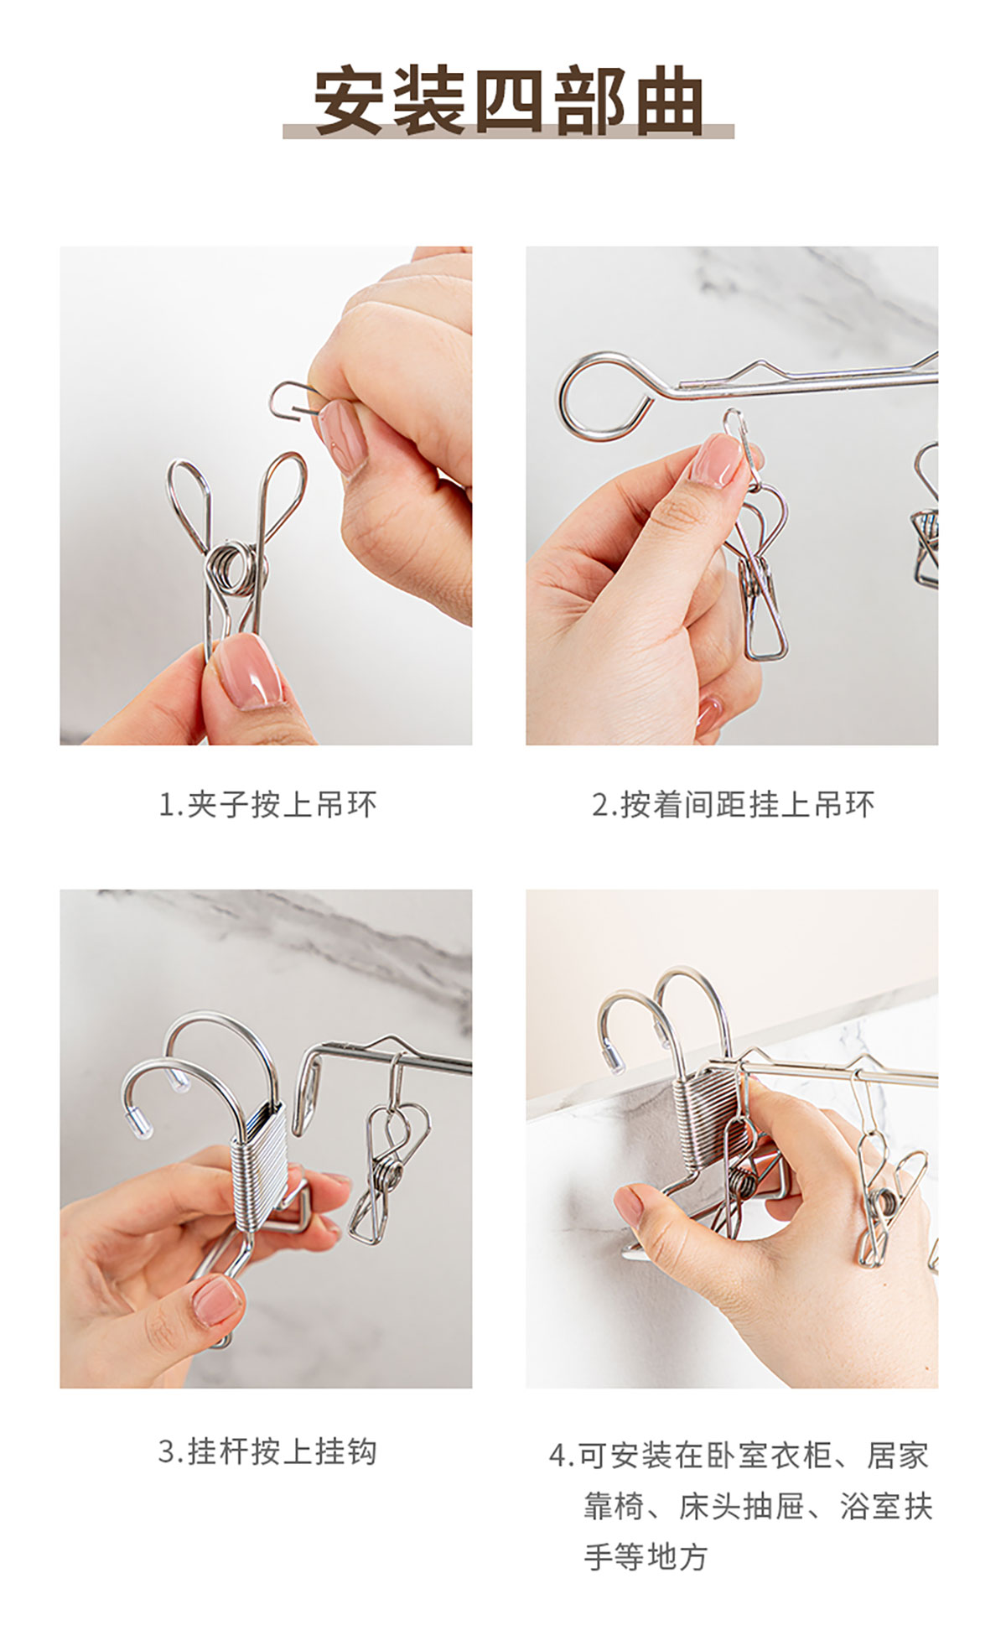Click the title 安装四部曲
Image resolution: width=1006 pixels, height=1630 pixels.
point(509,101)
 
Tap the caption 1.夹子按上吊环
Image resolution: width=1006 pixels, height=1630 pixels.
point(267,805)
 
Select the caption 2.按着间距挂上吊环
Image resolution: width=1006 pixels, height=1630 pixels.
point(734,805)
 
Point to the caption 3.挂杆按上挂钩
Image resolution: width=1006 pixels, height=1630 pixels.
point(267,1451)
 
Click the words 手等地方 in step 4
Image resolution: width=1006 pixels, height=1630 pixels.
point(646,1557)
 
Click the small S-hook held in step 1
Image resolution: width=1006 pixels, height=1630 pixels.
point(295,399)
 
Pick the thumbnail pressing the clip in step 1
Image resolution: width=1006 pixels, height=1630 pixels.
point(249,671)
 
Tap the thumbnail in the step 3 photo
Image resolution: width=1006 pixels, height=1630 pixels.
point(217,1301)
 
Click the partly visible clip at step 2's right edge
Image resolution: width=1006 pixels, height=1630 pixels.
point(926,516)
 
